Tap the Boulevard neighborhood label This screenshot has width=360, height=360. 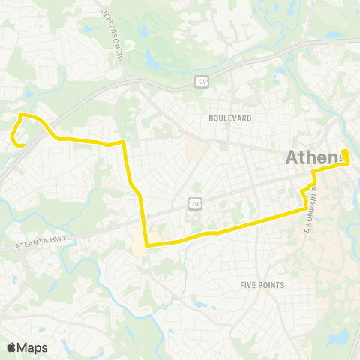point(231,118)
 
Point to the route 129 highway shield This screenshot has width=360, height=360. point(202,80)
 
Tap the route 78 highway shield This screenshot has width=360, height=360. point(194,203)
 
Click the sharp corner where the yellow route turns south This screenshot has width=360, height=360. point(122,142)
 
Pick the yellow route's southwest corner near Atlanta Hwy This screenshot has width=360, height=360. point(147,244)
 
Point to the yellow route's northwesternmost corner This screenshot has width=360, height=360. point(21,114)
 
